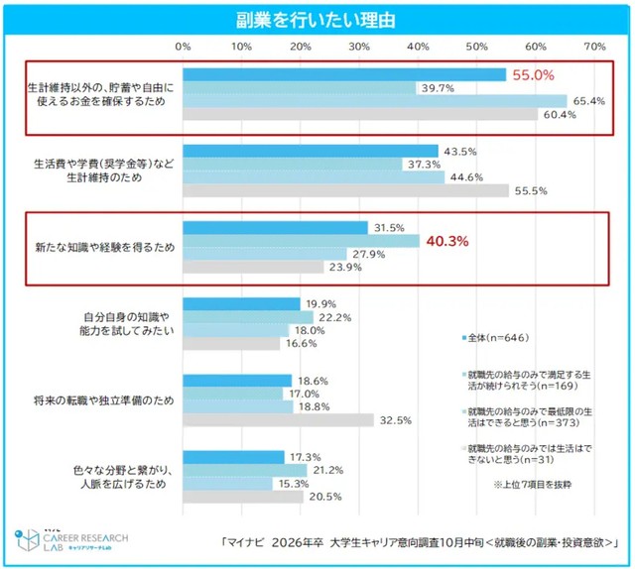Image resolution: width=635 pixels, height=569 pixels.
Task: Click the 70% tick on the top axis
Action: pyautogui.click(x=595, y=46)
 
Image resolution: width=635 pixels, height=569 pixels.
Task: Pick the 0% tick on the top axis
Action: pyautogui.click(x=184, y=46)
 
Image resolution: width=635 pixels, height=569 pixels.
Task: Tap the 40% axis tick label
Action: pyautogui.click(x=419, y=46)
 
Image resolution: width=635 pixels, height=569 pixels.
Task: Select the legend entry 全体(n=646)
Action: pyautogui.click(x=501, y=338)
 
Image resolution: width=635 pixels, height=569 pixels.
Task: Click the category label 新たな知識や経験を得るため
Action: pyautogui.click(x=109, y=246)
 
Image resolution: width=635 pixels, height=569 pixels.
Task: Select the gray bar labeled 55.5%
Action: pyautogui.click(x=346, y=190)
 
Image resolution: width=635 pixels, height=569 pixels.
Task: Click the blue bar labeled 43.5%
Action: pyautogui.click(x=311, y=151)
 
